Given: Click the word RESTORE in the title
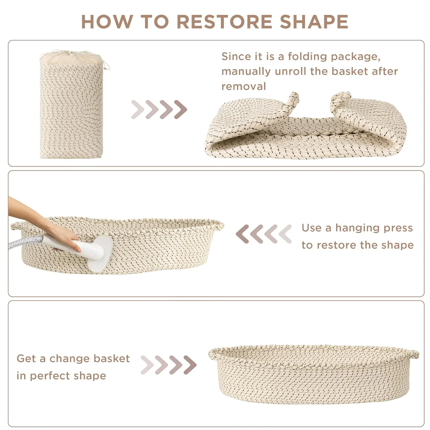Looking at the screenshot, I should [224, 21].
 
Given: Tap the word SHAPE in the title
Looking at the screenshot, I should [314, 21].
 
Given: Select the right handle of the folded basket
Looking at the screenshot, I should [341, 99].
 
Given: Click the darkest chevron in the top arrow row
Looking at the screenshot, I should [180, 110].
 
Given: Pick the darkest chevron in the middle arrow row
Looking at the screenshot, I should [243, 234].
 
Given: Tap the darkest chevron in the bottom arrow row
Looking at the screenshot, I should [190, 365].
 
